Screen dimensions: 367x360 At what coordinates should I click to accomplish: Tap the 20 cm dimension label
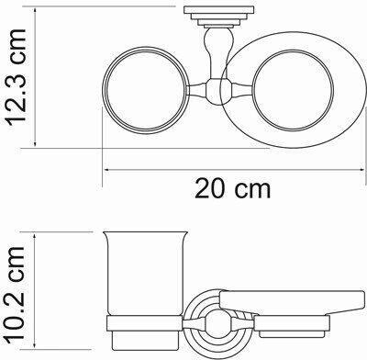pyautogui.click(x=233, y=188)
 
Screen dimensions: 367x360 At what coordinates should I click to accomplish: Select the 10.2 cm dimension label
pyautogui.click(x=16, y=293)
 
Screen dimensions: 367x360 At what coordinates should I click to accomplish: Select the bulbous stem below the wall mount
pyautogui.click(x=218, y=52)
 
